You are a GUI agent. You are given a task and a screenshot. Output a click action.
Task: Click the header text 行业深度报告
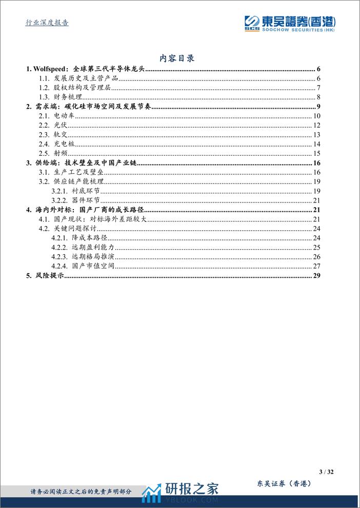[47, 23]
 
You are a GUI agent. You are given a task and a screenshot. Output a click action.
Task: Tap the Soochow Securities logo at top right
[289, 23]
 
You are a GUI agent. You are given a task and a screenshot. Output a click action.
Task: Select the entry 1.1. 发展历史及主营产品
[79, 78]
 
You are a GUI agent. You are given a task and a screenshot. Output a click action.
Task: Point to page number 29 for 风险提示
[316, 276]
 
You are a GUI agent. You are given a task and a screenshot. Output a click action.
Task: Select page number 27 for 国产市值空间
[316, 266]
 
